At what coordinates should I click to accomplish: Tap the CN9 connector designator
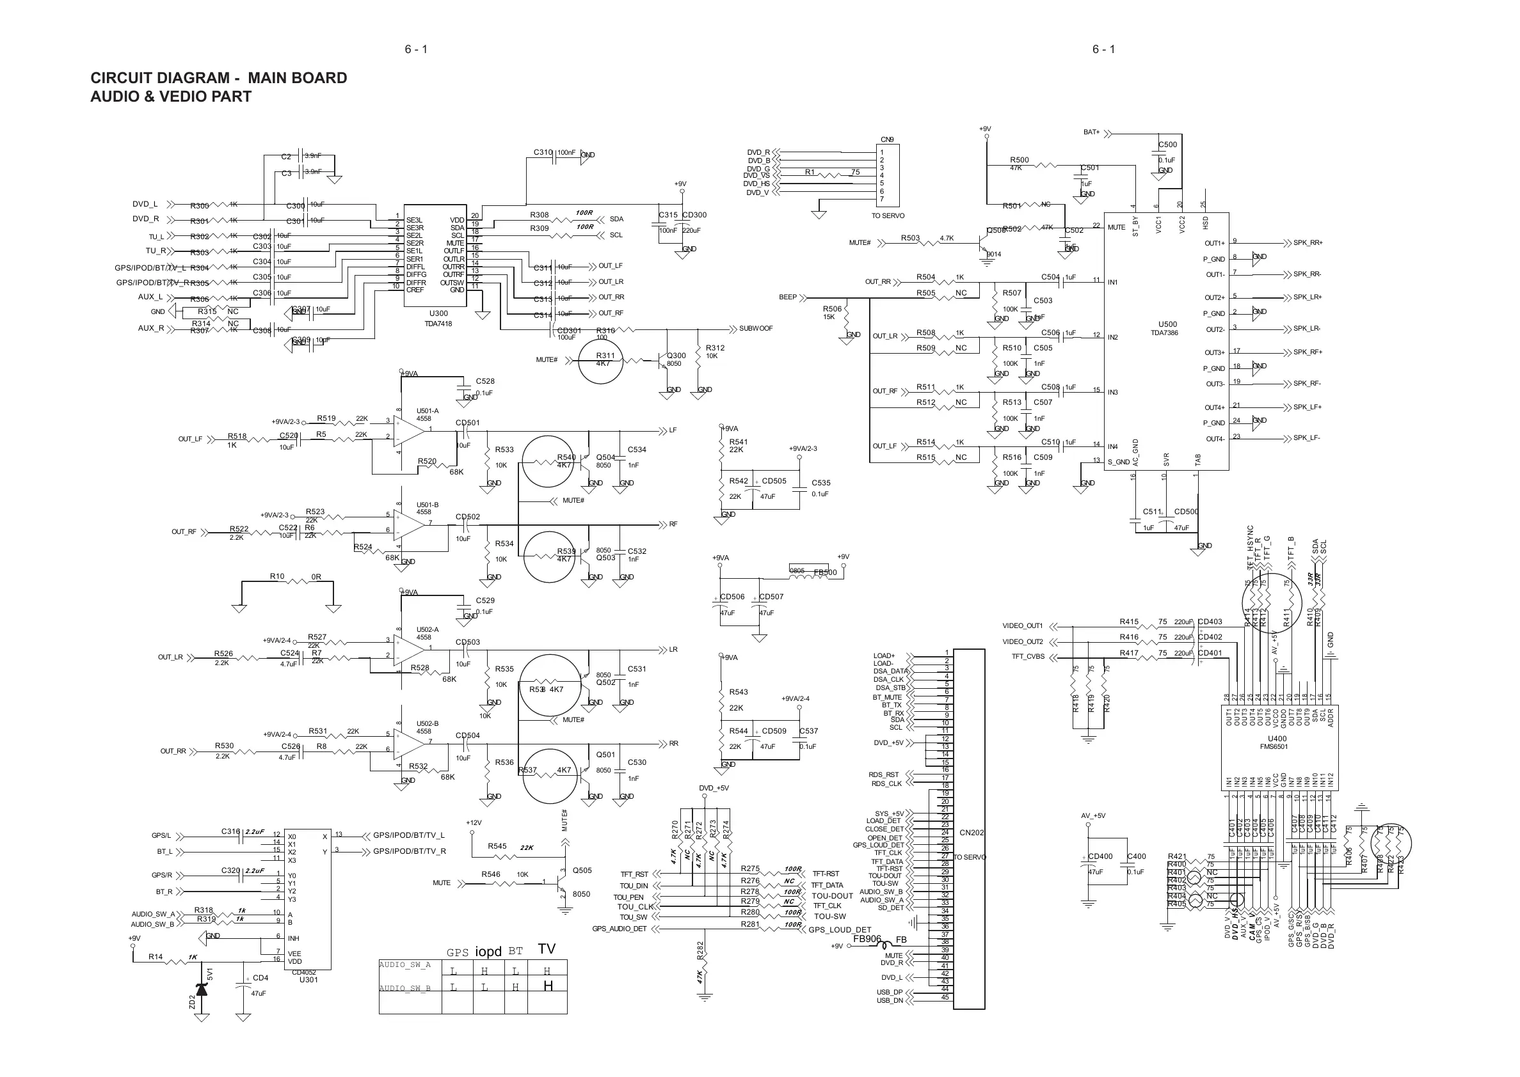click(887, 140)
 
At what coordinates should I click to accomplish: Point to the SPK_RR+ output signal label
click(1308, 243)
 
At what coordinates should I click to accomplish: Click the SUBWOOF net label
click(756, 329)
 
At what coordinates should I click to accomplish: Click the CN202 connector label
click(972, 832)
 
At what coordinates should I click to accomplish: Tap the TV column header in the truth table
click(547, 949)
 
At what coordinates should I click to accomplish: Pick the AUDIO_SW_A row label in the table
click(404, 965)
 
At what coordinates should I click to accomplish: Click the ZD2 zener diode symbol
click(202, 990)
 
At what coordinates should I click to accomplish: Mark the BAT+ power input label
click(1091, 132)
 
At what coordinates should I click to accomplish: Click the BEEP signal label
click(788, 297)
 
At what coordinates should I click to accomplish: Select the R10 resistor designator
click(276, 577)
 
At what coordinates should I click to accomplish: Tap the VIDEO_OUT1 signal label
click(1023, 626)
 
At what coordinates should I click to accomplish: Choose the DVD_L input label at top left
click(145, 204)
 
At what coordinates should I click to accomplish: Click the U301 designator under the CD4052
click(308, 980)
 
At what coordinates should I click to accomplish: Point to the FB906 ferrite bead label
click(867, 939)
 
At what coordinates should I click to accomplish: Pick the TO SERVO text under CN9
click(888, 216)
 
